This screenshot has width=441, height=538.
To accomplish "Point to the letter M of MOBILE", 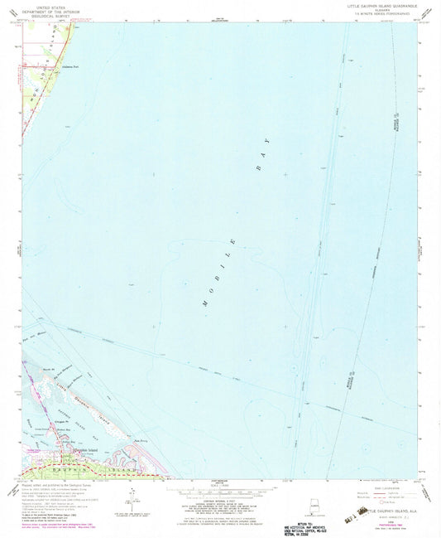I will (x=204, y=305).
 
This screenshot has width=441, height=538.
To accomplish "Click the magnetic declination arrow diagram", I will (x=130, y=503).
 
